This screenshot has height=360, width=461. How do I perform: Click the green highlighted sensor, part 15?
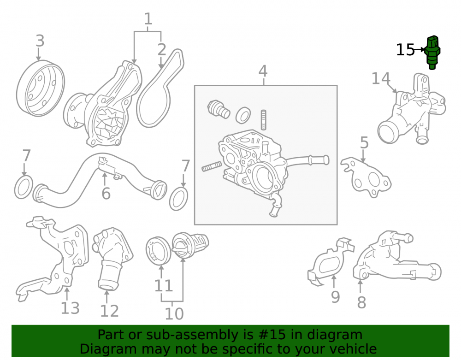(432, 53)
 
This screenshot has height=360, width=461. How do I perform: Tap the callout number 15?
(405, 50)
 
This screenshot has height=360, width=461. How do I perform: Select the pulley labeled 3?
(40, 88)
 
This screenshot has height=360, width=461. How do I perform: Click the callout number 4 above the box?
(263, 71)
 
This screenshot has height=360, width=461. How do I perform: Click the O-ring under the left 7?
(24, 187)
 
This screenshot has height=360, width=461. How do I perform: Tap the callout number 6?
(106, 194)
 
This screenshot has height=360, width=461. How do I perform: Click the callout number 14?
(381, 78)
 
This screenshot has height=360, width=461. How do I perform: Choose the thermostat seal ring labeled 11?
(159, 250)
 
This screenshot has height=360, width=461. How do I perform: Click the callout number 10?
(174, 314)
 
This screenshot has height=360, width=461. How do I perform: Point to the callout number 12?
(109, 311)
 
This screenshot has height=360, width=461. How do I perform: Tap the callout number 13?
(70, 308)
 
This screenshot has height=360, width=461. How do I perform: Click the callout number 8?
(361, 302)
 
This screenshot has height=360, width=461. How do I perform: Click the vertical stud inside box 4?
(264, 119)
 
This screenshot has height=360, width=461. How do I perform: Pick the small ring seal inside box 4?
(243, 115)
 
